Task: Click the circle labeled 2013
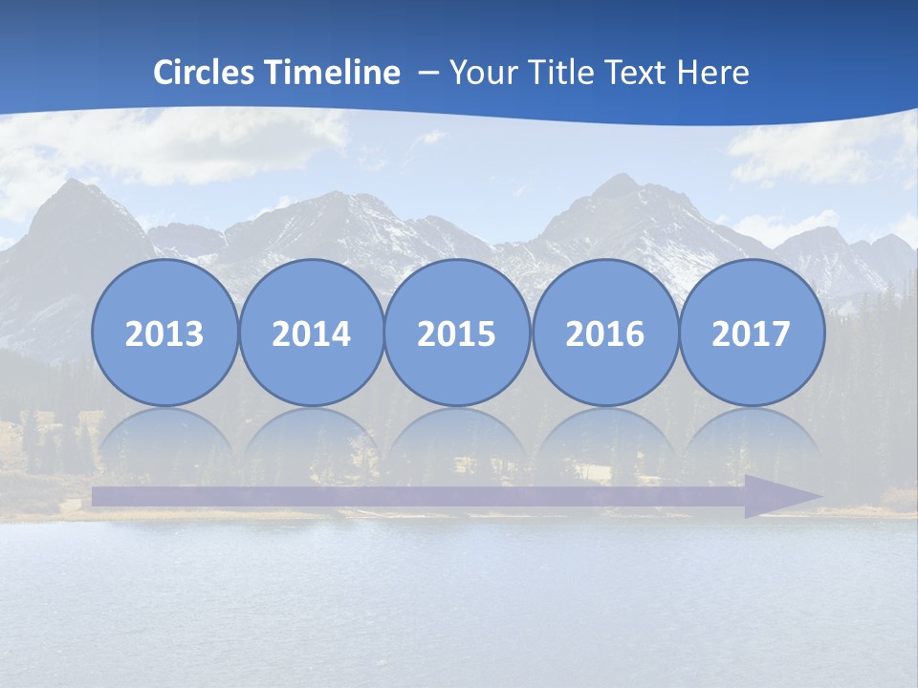(164, 333)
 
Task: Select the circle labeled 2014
(311, 333)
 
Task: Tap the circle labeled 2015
(457, 333)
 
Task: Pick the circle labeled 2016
(604, 333)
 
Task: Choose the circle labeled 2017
(751, 333)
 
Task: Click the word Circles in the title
(204, 73)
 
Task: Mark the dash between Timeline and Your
(427, 73)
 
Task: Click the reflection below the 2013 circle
(164, 440)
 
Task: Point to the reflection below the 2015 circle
(457, 440)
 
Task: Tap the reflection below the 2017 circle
(751, 440)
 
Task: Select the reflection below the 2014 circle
(311, 440)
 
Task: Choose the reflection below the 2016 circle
(604, 440)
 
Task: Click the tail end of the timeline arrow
(99, 496)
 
